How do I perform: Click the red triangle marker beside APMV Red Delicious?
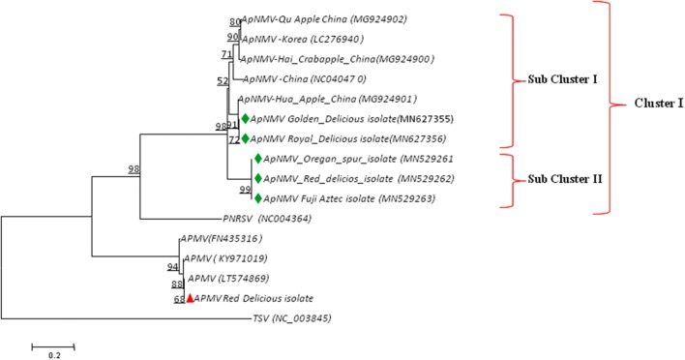[x=190, y=299]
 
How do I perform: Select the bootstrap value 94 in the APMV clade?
[x=173, y=267]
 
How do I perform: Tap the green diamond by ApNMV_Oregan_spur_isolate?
[x=256, y=159]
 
